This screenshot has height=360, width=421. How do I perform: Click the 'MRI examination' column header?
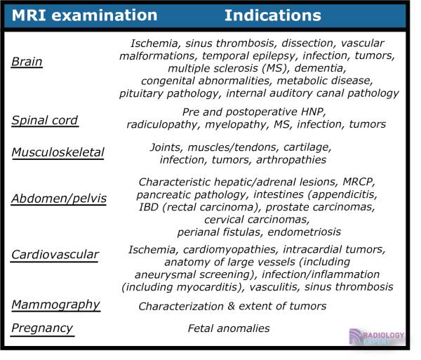(83, 15)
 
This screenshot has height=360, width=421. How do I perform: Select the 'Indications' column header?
(272, 15)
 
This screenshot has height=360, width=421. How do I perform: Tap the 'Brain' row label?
(27, 62)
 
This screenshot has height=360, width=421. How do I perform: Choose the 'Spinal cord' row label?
(44, 120)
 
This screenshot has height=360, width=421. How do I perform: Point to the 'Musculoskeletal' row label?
(58, 152)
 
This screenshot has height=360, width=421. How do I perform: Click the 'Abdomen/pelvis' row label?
(59, 199)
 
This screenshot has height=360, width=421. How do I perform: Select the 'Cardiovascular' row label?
(55, 255)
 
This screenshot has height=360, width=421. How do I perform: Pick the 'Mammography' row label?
(55, 305)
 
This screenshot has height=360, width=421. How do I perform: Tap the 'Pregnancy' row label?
(42, 328)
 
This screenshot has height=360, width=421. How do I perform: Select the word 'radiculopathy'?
(163, 124)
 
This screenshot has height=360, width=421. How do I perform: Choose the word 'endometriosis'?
(305, 232)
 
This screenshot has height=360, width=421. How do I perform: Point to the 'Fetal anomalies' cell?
(229, 328)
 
